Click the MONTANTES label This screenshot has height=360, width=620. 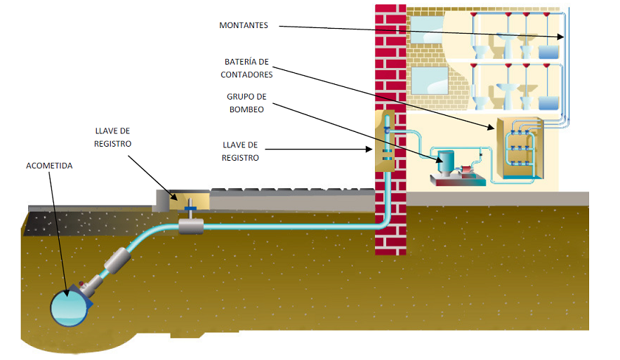244,25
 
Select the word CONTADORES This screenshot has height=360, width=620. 246,74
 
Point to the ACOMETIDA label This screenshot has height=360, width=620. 49,166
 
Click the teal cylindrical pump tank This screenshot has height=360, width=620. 445,162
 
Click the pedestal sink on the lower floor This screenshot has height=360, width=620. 506,93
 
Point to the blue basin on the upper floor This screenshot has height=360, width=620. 548,51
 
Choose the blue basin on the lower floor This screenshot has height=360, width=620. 548,102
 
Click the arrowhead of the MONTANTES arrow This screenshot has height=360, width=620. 562,37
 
